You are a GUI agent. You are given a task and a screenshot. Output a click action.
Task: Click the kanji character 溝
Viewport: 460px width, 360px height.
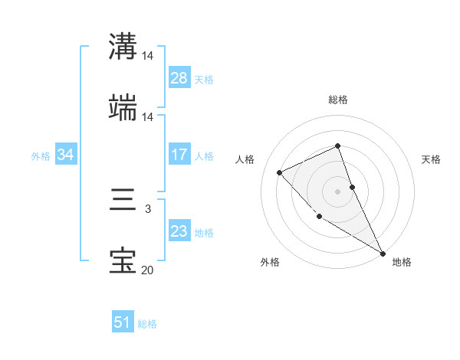[123, 47]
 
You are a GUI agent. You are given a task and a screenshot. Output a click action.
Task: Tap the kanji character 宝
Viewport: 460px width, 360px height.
[123, 261]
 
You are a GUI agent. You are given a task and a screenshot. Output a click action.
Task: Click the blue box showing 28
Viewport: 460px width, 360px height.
[179, 78]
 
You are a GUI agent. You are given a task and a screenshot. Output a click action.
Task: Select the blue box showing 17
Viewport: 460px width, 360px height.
[179, 155]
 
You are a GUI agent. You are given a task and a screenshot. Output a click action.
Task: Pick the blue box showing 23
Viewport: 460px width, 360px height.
[179, 231]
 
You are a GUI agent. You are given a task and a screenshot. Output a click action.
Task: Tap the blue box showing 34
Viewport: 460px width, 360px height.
[66, 155]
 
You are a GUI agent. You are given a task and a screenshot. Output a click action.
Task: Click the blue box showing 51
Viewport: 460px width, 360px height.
[123, 322]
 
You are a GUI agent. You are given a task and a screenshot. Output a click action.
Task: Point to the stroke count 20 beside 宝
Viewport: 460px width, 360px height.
[148, 270]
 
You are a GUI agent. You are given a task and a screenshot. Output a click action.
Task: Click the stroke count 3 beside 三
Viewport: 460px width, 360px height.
[148, 208]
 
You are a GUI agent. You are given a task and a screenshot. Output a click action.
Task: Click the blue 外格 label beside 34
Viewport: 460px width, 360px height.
[41, 155]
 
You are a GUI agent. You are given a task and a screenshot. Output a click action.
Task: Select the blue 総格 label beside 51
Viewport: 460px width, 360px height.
[147, 324]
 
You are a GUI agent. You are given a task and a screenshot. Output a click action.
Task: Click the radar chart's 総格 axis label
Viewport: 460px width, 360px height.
[338, 100]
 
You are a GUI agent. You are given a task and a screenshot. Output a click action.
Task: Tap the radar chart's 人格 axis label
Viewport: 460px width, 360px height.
[245, 159]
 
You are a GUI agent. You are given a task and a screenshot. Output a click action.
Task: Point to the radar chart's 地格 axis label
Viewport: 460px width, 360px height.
[402, 262]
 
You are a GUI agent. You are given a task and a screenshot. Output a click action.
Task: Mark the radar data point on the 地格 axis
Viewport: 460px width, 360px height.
[383, 253]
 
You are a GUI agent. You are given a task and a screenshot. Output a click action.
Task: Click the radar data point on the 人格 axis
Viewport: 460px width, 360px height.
[280, 172]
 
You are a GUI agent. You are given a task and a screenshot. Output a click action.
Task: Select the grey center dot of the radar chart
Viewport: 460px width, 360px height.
[337, 191]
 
